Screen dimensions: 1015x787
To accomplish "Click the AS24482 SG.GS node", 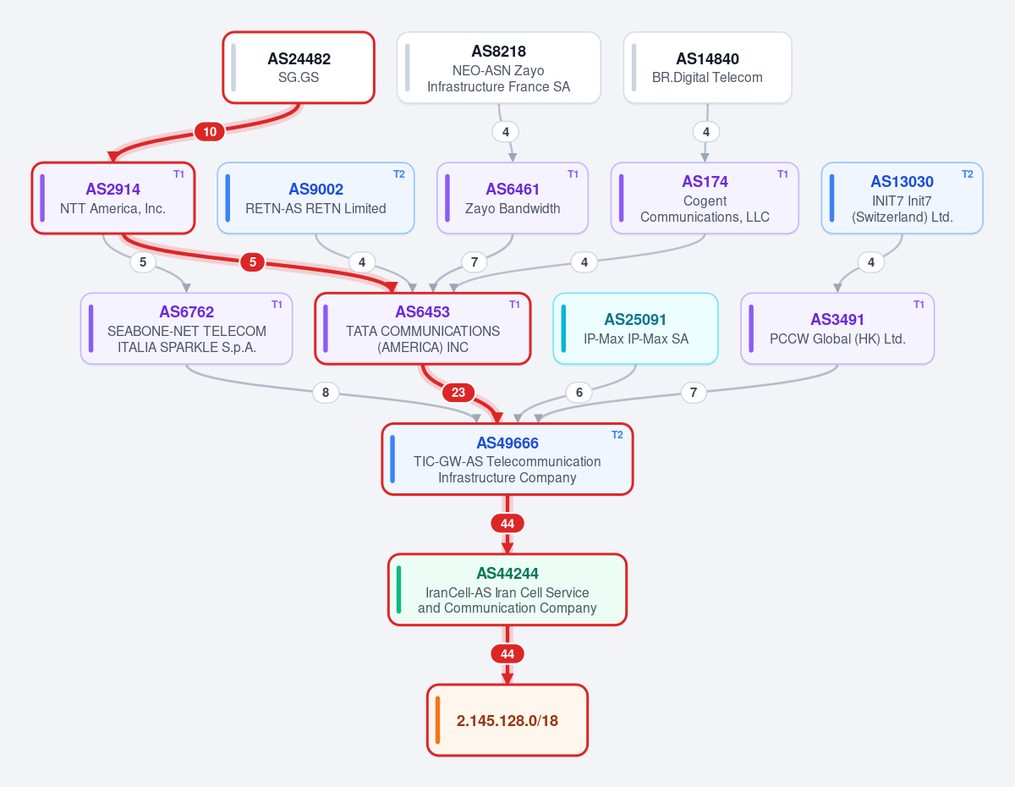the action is (299, 68).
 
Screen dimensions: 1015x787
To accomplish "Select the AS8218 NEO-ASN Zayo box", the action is (498, 68).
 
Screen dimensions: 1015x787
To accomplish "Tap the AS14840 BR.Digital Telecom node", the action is (707, 68).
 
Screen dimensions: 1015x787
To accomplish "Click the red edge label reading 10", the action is (210, 132).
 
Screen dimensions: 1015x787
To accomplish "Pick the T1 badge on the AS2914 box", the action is (179, 174).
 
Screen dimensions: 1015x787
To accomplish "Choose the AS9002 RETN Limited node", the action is (315, 198).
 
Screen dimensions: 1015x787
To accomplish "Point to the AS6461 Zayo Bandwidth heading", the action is (513, 190).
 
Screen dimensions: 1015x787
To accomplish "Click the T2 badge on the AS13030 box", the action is (968, 174).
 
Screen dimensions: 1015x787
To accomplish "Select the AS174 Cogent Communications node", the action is (705, 198).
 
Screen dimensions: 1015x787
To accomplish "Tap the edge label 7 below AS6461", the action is (475, 262).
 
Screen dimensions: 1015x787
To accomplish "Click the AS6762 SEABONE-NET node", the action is (186, 328).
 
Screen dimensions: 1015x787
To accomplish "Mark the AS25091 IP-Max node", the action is (635, 328).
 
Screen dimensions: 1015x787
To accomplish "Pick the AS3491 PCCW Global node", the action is (837, 328).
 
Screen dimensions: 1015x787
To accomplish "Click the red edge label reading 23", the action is (458, 393).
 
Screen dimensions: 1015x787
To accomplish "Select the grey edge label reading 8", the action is (326, 393).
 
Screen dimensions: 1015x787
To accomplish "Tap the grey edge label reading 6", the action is (579, 393).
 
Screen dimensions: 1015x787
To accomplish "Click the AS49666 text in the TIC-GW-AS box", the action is (507, 443).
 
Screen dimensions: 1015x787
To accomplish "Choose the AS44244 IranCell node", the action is (507, 589).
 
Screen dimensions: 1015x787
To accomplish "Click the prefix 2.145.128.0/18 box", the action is (507, 720).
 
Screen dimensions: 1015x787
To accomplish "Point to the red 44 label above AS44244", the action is (507, 524).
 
